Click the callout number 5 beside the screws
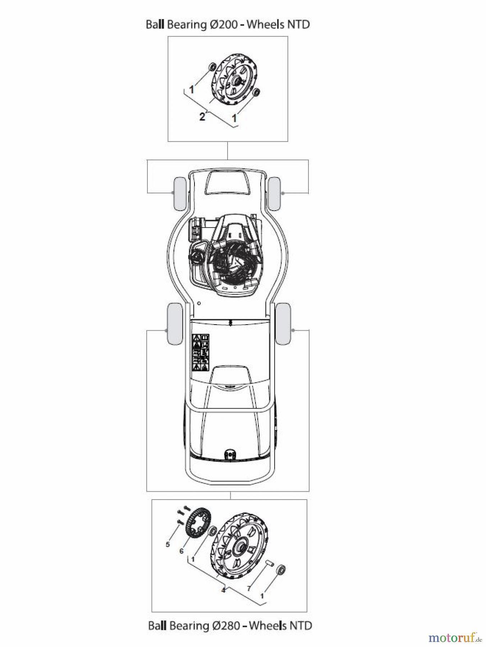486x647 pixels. pyautogui.click(x=168, y=545)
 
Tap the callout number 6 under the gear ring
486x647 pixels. pyautogui.click(x=182, y=551)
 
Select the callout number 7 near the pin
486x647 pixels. pyautogui.click(x=249, y=589)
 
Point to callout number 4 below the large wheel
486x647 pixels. pyautogui.click(x=223, y=590)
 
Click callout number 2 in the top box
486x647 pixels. pyautogui.click(x=202, y=116)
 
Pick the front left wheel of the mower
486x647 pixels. pyautogui.click(x=179, y=193)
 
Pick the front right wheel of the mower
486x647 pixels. pyautogui.click(x=275, y=193)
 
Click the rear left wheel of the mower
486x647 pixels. pyautogui.click(x=175, y=323)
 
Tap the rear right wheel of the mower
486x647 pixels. pyautogui.click(x=283, y=323)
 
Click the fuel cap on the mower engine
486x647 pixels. pyautogui.click(x=197, y=256)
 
